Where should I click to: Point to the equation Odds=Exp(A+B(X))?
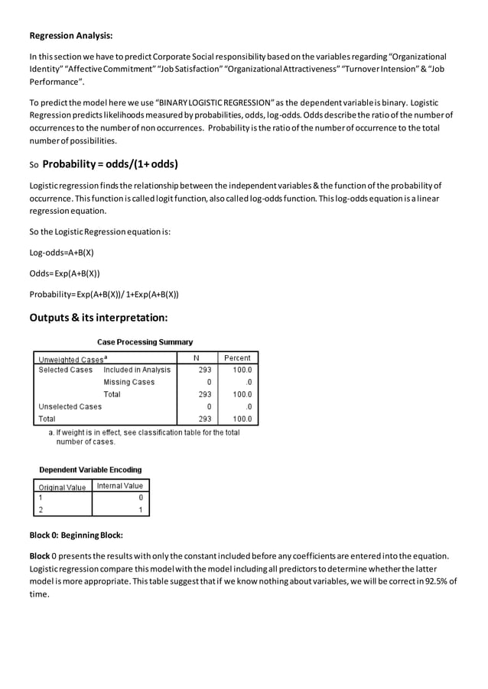64,273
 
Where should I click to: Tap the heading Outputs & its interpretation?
98,317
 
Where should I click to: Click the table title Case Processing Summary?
145,342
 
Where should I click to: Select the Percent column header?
237,357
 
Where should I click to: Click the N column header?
197,357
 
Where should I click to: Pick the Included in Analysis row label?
137,370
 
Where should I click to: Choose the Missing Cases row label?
129,382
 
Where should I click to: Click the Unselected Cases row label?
70,406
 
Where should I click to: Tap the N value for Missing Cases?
209,382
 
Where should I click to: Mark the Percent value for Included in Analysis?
242,370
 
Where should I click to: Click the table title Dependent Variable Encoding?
90,470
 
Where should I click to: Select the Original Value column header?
62,487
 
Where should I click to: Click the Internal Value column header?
120,486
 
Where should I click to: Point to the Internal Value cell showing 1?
141,509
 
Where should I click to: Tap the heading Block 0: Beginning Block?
76,535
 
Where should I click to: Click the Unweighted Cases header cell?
73,358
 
